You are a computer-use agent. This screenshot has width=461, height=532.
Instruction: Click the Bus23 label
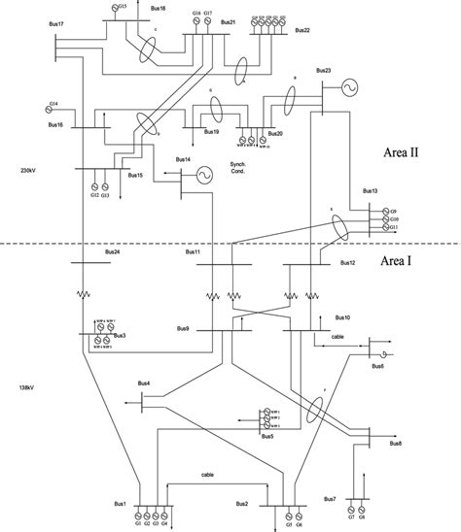[x=324, y=70]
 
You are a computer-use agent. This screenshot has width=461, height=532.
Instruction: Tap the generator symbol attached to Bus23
[x=345, y=89]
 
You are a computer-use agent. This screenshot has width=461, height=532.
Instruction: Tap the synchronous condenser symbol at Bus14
[x=206, y=175]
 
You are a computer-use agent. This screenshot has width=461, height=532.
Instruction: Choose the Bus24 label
[x=112, y=253]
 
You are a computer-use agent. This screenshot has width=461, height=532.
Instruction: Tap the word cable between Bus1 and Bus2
[x=207, y=474]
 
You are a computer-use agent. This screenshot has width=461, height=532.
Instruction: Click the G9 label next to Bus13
[x=394, y=210]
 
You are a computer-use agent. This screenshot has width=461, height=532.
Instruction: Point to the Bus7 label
[x=331, y=500]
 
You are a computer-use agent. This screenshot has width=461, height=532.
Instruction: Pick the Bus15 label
[x=135, y=176]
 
